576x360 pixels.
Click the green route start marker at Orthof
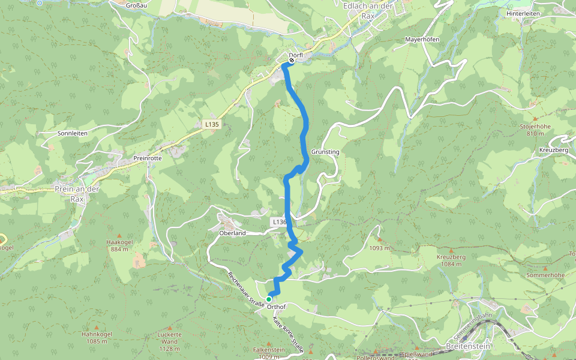point(269,299)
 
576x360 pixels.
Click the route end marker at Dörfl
point(292,60)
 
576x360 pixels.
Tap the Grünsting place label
point(325,152)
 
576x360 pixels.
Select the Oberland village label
point(233,233)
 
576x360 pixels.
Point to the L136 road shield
point(279,222)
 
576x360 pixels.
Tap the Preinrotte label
point(148,159)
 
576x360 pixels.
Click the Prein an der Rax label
point(77,194)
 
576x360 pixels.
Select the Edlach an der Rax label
point(368,10)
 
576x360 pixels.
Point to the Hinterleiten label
point(523,13)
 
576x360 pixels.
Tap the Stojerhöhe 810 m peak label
point(535,130)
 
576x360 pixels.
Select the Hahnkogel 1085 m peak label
point(96,338)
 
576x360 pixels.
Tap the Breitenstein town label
point(469,347)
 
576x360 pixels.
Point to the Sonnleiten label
point(72,133)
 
